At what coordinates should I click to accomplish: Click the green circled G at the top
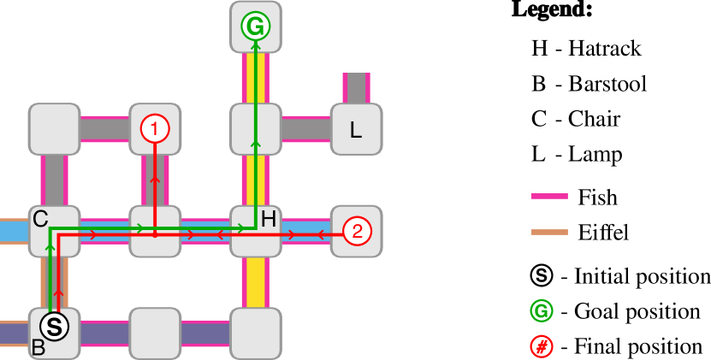point(255,27)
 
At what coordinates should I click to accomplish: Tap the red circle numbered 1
point(155,129)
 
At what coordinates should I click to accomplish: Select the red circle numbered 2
point(357,231)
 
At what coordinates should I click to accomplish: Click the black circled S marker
point(54,326)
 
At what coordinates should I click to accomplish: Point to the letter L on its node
point(356,131)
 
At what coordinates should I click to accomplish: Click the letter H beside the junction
point(269,220)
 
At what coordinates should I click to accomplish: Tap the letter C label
point(40,220)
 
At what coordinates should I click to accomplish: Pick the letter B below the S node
point(38,348)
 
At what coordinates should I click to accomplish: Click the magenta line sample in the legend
point(549,196)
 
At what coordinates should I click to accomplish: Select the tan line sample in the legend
point(549,232)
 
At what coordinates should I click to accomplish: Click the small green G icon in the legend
point(542,310)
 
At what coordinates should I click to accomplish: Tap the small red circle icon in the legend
point(542,346)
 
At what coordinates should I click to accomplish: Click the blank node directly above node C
point(54,129)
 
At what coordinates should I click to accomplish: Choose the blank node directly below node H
point(255,333)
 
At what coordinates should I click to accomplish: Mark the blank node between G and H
point(255,129)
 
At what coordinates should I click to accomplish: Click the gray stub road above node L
point(356,88)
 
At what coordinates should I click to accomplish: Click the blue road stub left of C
point(14,231)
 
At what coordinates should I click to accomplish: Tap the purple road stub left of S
point(14,333)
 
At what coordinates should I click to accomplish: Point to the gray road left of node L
point(305,129)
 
